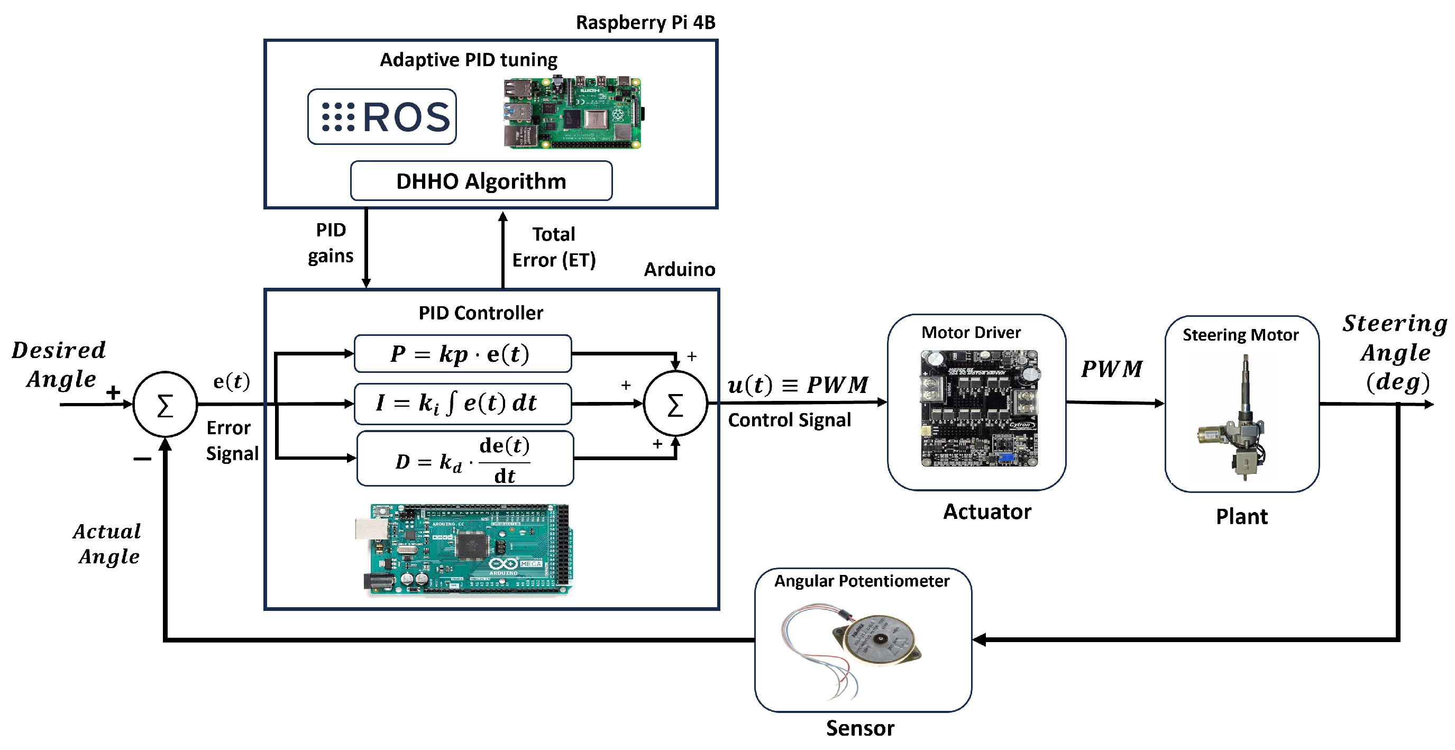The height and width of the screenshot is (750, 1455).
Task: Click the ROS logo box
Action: tap(382, 117)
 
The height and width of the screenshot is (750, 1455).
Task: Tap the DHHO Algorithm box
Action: tap(481, 181)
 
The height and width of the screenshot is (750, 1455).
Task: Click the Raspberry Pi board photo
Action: tap(573, 113)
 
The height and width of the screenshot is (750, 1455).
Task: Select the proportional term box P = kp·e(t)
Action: tap(462, 354)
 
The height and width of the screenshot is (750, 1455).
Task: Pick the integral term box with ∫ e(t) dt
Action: tap(462, 404)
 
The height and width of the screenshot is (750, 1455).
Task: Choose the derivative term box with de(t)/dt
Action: tap(465, 459)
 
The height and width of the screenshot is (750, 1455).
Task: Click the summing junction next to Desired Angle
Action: tap(165, 405)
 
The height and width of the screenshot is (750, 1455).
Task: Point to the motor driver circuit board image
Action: tap(979, 408)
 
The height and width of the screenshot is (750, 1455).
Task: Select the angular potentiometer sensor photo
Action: tap(853, 647)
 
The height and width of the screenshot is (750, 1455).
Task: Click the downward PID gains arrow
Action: tap(366, 249)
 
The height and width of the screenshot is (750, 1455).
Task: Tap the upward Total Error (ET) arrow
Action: tap(502, 249)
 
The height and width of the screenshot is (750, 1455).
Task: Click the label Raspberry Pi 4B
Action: tap(645, 23)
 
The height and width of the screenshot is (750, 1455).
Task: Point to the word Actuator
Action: tap(987, 511)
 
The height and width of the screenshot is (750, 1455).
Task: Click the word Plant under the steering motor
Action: tap(1241, 517)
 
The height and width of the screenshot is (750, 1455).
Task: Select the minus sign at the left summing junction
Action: tap(142, 459)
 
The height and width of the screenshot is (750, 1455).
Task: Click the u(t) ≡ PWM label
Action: tap(797, 385)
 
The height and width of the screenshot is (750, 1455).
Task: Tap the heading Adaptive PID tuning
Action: tap(468, 60)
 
